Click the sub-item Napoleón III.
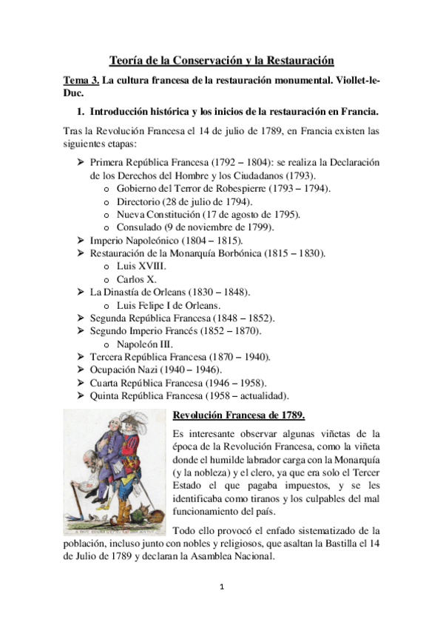(x=145, y=344)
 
